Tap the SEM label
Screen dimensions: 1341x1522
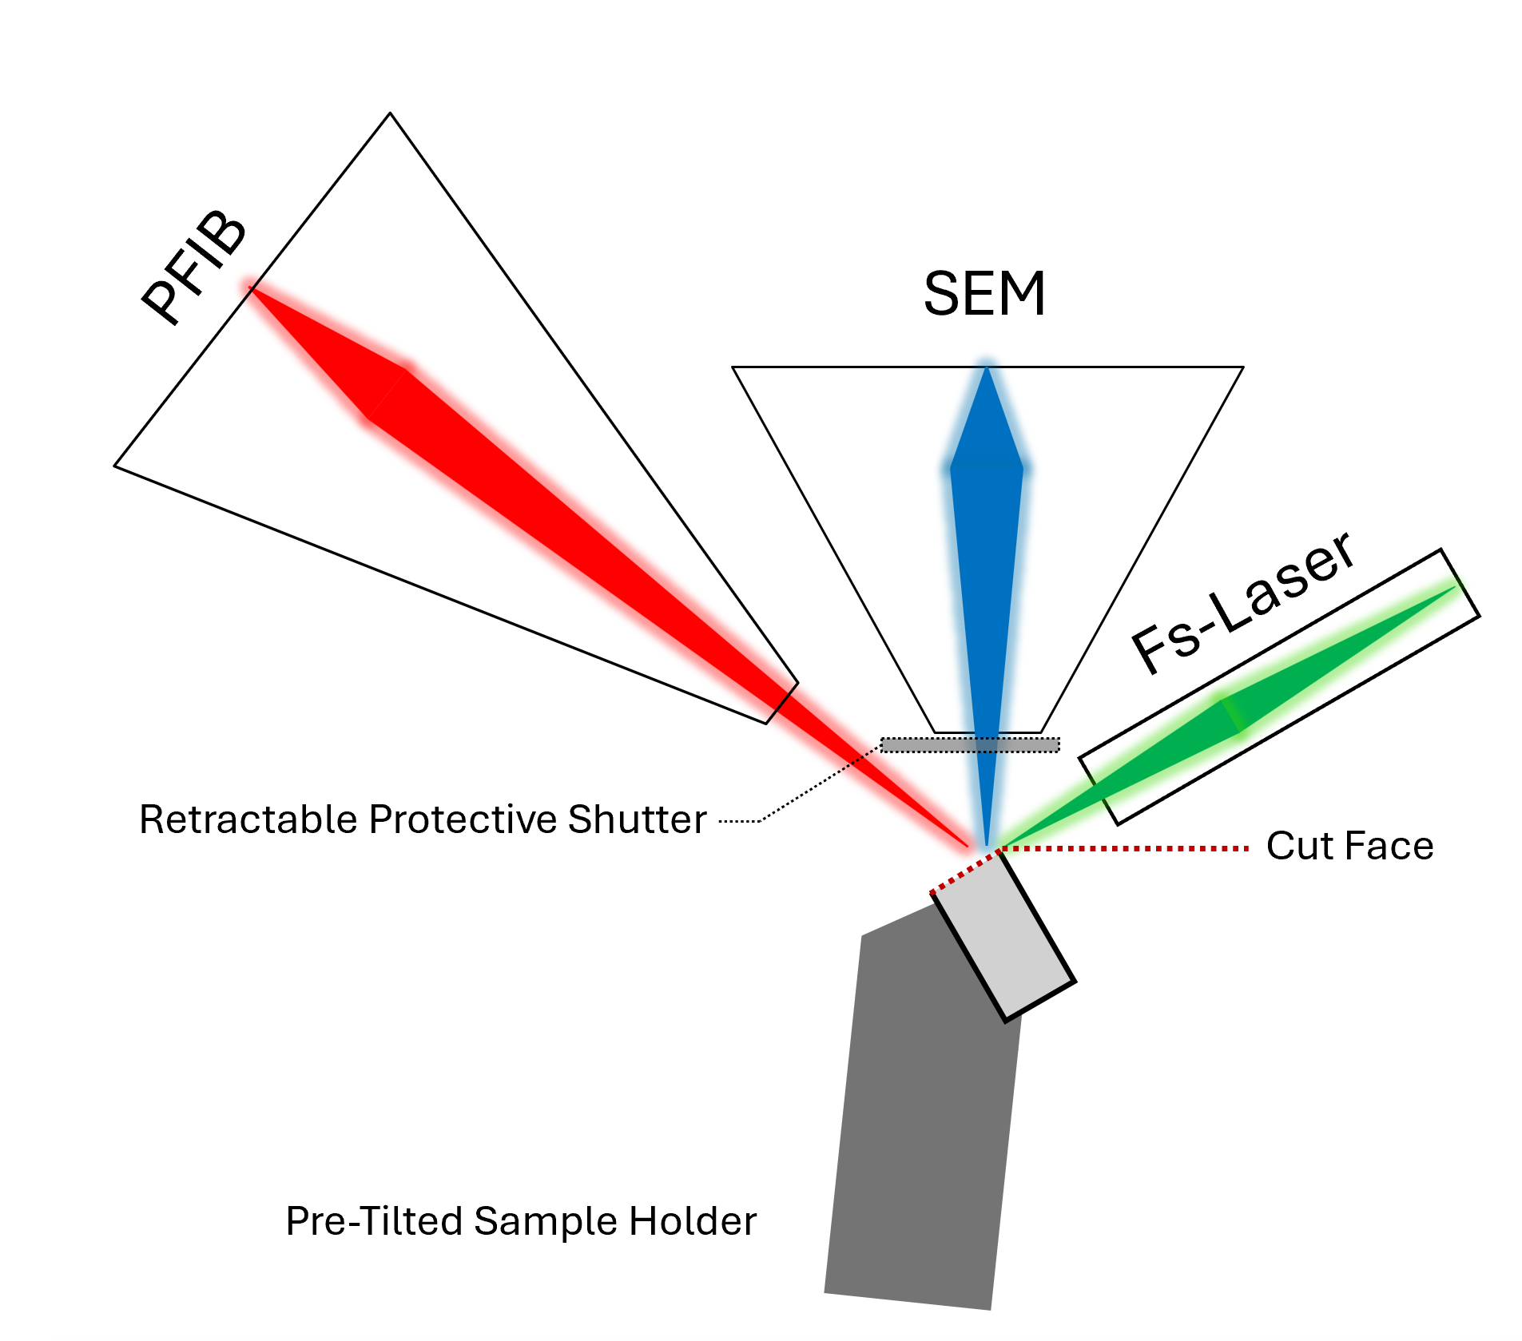(984, 294)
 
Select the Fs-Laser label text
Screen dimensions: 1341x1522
(1243, 602)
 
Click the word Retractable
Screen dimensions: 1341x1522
(247, 819)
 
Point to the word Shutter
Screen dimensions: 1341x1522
(637, 819)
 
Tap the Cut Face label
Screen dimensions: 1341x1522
(1349, 847)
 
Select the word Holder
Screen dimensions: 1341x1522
(693, 1221)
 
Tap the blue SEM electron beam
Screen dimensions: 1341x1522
(987, 559)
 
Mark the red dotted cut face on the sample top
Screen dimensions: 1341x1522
(964, 872)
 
